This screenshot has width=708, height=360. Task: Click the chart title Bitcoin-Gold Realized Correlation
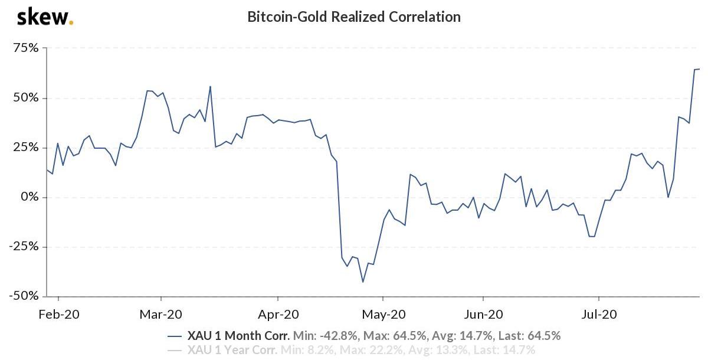pos(353,17)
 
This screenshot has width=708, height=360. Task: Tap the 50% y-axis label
pos(25,97)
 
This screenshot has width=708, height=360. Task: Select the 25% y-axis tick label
pos(25,147)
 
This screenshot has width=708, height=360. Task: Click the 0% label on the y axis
pos(29,197)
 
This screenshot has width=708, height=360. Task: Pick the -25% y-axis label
pos(23,246)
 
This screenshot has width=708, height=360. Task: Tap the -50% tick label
pos(23,295)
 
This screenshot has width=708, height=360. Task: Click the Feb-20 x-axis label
pos(58,314)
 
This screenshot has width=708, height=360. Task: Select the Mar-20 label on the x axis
pos(161,314)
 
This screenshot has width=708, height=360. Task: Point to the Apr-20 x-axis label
pos(278,314)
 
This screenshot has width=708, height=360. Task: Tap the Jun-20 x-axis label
pos(483,314)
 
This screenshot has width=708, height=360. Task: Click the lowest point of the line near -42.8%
pos(363,282)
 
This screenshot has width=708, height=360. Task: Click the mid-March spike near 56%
pos(210,87)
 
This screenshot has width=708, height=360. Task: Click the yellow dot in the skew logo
pos(71,23)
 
